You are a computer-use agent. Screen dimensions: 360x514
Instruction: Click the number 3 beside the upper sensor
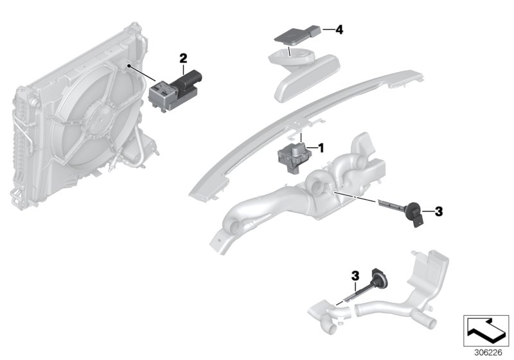(439, 210)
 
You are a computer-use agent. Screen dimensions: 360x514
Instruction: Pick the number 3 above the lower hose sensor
(354, 276)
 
